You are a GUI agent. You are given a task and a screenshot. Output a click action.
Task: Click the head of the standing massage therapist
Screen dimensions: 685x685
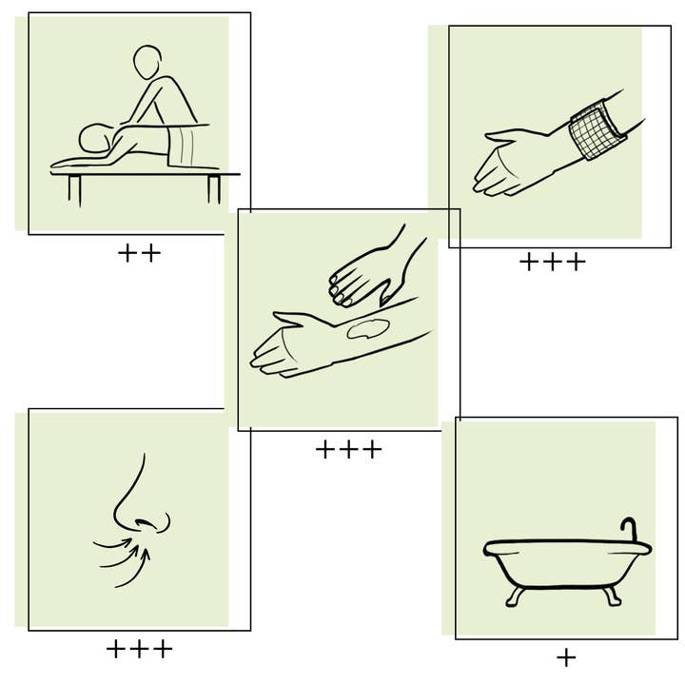click(x=147, y=62)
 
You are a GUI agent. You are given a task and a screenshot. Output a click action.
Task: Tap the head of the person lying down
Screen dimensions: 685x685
click(x=95, y=138)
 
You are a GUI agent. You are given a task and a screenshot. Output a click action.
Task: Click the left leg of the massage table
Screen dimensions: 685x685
click(x=74, y=190)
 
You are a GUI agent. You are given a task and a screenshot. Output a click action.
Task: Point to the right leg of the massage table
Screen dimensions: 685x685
click(x=214, y=189)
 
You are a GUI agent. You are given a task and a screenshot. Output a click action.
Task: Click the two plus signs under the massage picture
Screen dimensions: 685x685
click(x=139, y=253)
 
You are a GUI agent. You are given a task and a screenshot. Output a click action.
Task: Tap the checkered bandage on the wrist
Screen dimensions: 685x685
click(x=597, y=129)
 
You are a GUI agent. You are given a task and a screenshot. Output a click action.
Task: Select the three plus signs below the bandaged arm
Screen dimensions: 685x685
click(x=552, y=263)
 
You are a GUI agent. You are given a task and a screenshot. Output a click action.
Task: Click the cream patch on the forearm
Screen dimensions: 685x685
click(x=367, y=328)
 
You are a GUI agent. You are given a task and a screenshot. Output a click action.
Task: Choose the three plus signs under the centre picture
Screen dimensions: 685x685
click(x=348, y=450)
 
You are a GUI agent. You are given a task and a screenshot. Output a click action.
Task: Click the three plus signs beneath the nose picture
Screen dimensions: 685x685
click(x=139, y=649)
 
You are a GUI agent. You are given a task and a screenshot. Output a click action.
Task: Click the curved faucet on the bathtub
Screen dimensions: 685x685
click(x=629, y=530)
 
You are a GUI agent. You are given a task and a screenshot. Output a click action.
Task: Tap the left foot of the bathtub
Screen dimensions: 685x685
click(x=516, y=597)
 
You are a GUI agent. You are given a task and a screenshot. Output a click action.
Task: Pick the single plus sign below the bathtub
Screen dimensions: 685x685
click(x=566, y=658)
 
